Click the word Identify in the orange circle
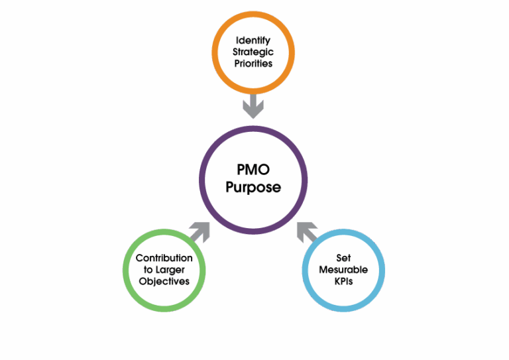[x=253, y=40]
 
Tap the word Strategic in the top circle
[x=253, y=51]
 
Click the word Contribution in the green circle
[x=164, y=258]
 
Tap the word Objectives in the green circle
[x=164, y=281]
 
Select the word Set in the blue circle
[x=343, y=258]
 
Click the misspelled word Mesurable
[x=343, y=270]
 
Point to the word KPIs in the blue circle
[x=343, y=281]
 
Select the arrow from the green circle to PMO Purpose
[x=199, y=230]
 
